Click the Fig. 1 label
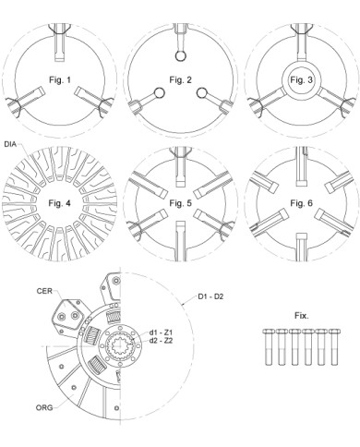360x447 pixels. click(x=60, y=80)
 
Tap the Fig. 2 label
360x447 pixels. click(x=180, y=80)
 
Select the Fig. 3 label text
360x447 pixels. click(x=301, y=80)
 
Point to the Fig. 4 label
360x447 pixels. click(x=59, y=203)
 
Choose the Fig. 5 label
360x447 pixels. click(x=180, y=203)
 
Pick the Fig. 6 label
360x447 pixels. click(x=301, y=203)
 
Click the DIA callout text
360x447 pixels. click(x=12, y=144)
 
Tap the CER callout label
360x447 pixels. click(x=44, y=291)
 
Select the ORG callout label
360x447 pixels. click(x=44, y=407)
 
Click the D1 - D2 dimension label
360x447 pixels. click(x=210, y=296)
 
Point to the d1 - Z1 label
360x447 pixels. click(x=162, y=332)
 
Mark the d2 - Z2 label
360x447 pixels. click(x=162, y=341)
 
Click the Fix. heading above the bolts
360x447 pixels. click(x=302, y=316)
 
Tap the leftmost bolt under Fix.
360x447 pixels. click(x=268, y=347)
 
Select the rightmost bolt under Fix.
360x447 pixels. click(x=334, y=347)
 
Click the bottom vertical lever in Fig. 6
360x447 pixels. click(x=302, y=248)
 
